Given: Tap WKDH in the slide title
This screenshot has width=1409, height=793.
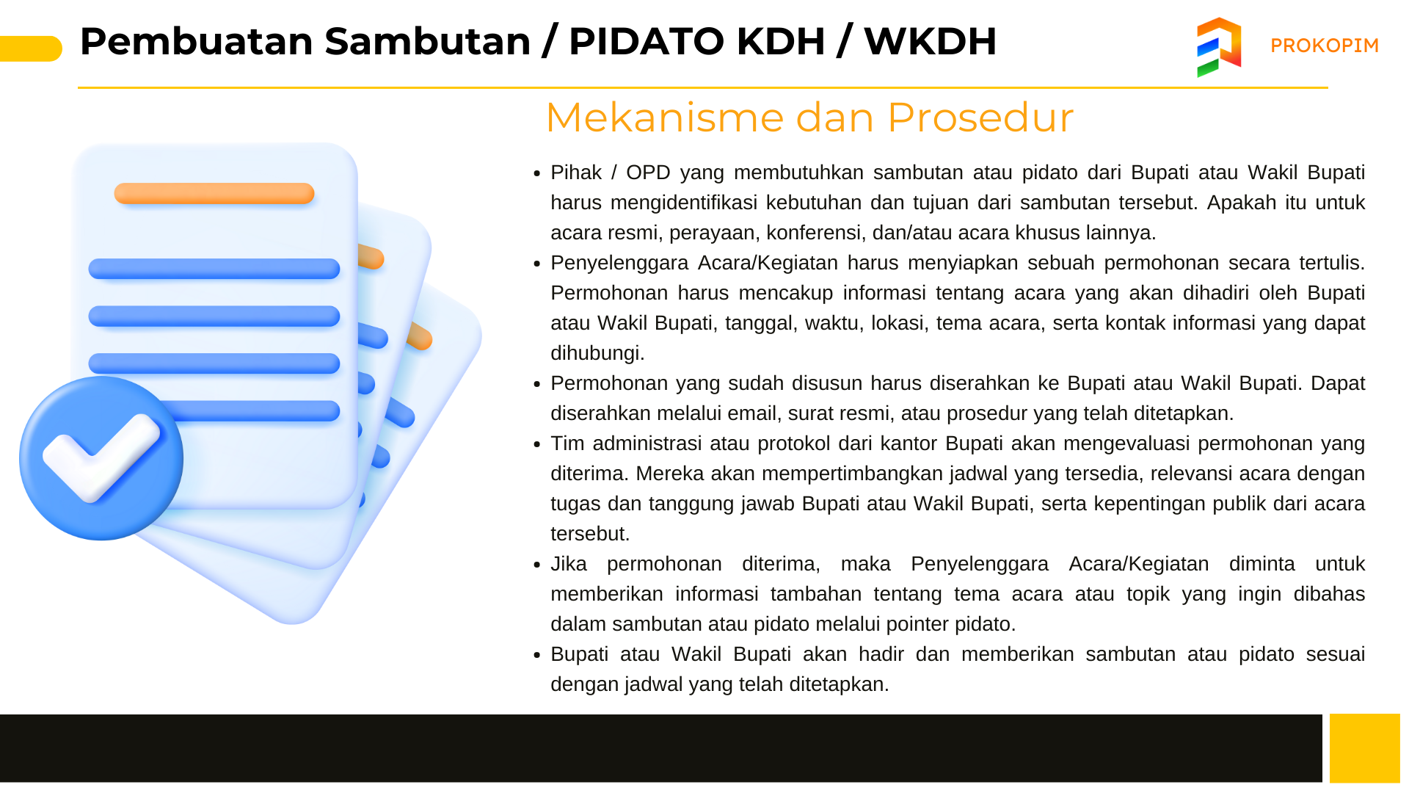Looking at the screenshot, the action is click(x=930, y=41).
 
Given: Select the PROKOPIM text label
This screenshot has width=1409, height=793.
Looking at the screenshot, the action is click(x=1325, y=46).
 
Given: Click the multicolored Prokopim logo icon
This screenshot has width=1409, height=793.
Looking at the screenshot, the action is click(x=1219, y=47).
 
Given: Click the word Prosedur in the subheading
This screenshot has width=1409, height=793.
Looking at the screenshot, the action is click(x=980, y=117).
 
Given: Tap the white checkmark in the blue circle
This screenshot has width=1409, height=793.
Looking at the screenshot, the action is click(x=101, y=457).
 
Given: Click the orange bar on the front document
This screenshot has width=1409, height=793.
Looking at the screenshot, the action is click(x=214, y=193).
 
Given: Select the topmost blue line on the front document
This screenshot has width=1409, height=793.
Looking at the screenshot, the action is click(x=214, y=269).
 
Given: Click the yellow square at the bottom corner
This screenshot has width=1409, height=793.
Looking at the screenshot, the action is click(x=1365, y=748).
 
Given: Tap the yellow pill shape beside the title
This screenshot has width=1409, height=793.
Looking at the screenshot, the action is click(x=31, y=48).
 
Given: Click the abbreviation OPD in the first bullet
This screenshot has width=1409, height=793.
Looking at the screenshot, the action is click(x=648, y=173).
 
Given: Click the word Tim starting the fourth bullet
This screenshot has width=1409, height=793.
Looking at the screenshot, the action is click(x=567, y=443).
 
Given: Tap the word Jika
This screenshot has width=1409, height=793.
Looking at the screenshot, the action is click(x=569, y=564).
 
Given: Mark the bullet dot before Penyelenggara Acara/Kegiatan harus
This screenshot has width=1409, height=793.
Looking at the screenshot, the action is click(x=537, y=264).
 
